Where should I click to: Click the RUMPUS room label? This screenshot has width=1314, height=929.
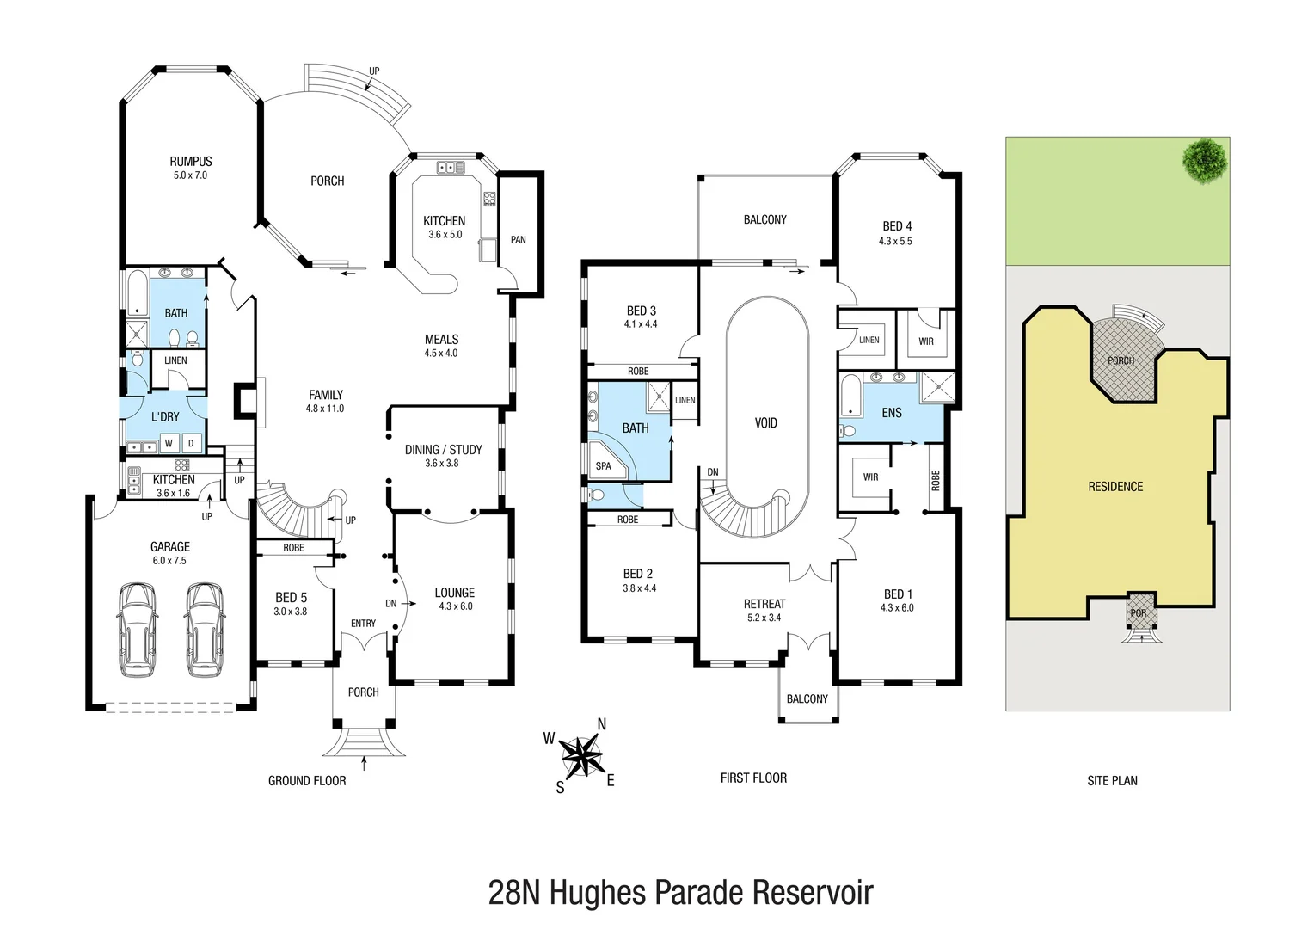coord(191,162)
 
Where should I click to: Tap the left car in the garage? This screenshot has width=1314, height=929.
coord(138,630)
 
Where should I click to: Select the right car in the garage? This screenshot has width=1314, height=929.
coord(205,630)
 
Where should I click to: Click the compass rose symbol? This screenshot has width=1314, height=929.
coord(580,756)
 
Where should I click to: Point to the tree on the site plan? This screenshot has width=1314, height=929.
coord(1205,162)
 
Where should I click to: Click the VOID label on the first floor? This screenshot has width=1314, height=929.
coord(766,423)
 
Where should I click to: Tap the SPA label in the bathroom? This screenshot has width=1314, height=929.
coord(604,466)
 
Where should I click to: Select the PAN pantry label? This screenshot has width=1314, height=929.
coord(518,239)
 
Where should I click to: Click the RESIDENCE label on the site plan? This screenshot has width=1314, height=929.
coord(1115,487)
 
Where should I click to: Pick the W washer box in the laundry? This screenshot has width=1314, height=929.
coord(169,443)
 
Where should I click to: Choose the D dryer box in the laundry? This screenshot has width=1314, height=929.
coord(191,443)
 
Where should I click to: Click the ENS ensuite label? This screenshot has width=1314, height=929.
coord(892,413)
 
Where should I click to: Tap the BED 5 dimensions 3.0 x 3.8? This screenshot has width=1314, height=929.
coord(291,611)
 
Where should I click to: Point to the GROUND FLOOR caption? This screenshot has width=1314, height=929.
coord(307,780)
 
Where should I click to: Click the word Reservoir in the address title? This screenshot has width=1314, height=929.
coord(813,893)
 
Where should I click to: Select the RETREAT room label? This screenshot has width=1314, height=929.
coord(764,604)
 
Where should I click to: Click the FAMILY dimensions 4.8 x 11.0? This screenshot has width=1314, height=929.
coord(325,409)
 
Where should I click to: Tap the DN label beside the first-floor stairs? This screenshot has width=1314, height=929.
coord(713,472)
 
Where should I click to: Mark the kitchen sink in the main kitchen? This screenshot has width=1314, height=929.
coord(451,167)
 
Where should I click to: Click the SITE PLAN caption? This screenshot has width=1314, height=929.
coord(1112,780)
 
